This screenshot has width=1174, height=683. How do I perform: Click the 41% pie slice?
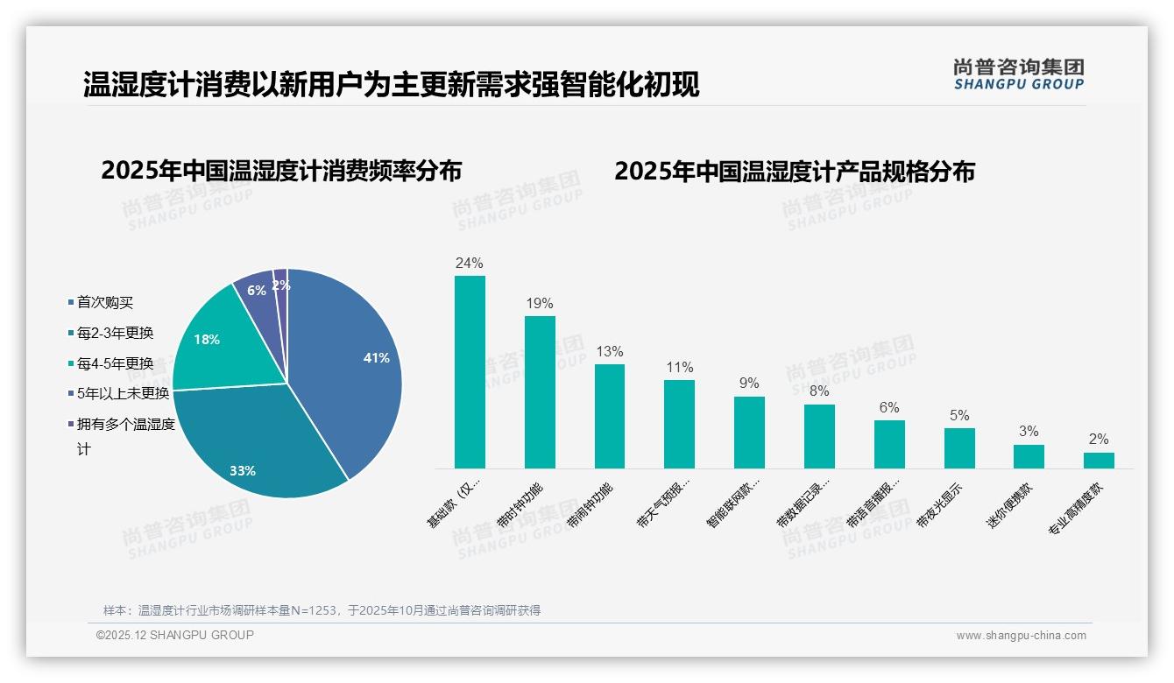[350, 368]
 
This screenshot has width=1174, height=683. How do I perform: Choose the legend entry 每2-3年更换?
[115, 333]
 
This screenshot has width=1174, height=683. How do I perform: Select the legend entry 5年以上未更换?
[123, 393]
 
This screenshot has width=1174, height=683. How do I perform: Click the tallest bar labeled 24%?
[470, 372]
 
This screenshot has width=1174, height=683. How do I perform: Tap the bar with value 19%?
[540, 392]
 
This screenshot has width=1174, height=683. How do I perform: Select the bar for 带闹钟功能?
[610, 416]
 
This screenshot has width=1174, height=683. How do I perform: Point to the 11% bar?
[679, 424]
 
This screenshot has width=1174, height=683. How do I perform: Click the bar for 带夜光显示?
[959, 448]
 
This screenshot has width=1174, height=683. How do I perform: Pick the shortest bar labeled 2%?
[1099, 461]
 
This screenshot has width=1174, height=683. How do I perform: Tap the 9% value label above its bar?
[749, 384]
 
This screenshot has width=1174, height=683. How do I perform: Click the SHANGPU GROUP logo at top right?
[1018, 74]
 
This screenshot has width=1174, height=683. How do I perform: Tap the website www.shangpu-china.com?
[1021, 636]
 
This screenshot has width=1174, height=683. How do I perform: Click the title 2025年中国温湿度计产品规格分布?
[794, 171]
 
